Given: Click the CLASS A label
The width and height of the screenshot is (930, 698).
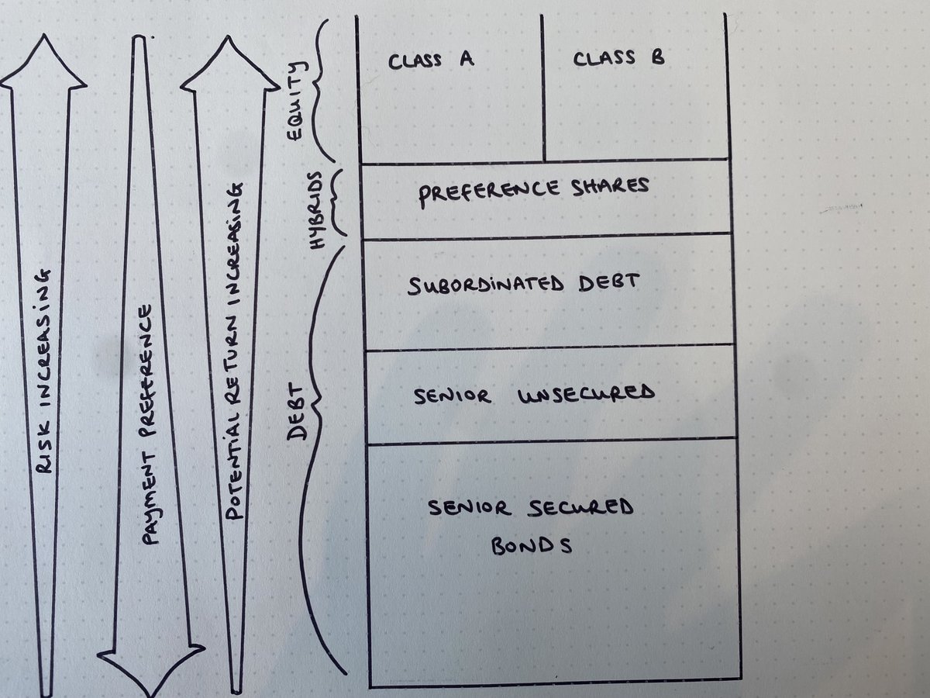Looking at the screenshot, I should point(431,60).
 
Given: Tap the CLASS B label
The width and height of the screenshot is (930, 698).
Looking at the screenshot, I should point(618,58).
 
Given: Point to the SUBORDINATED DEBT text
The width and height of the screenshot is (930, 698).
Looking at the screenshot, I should point(524,284).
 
